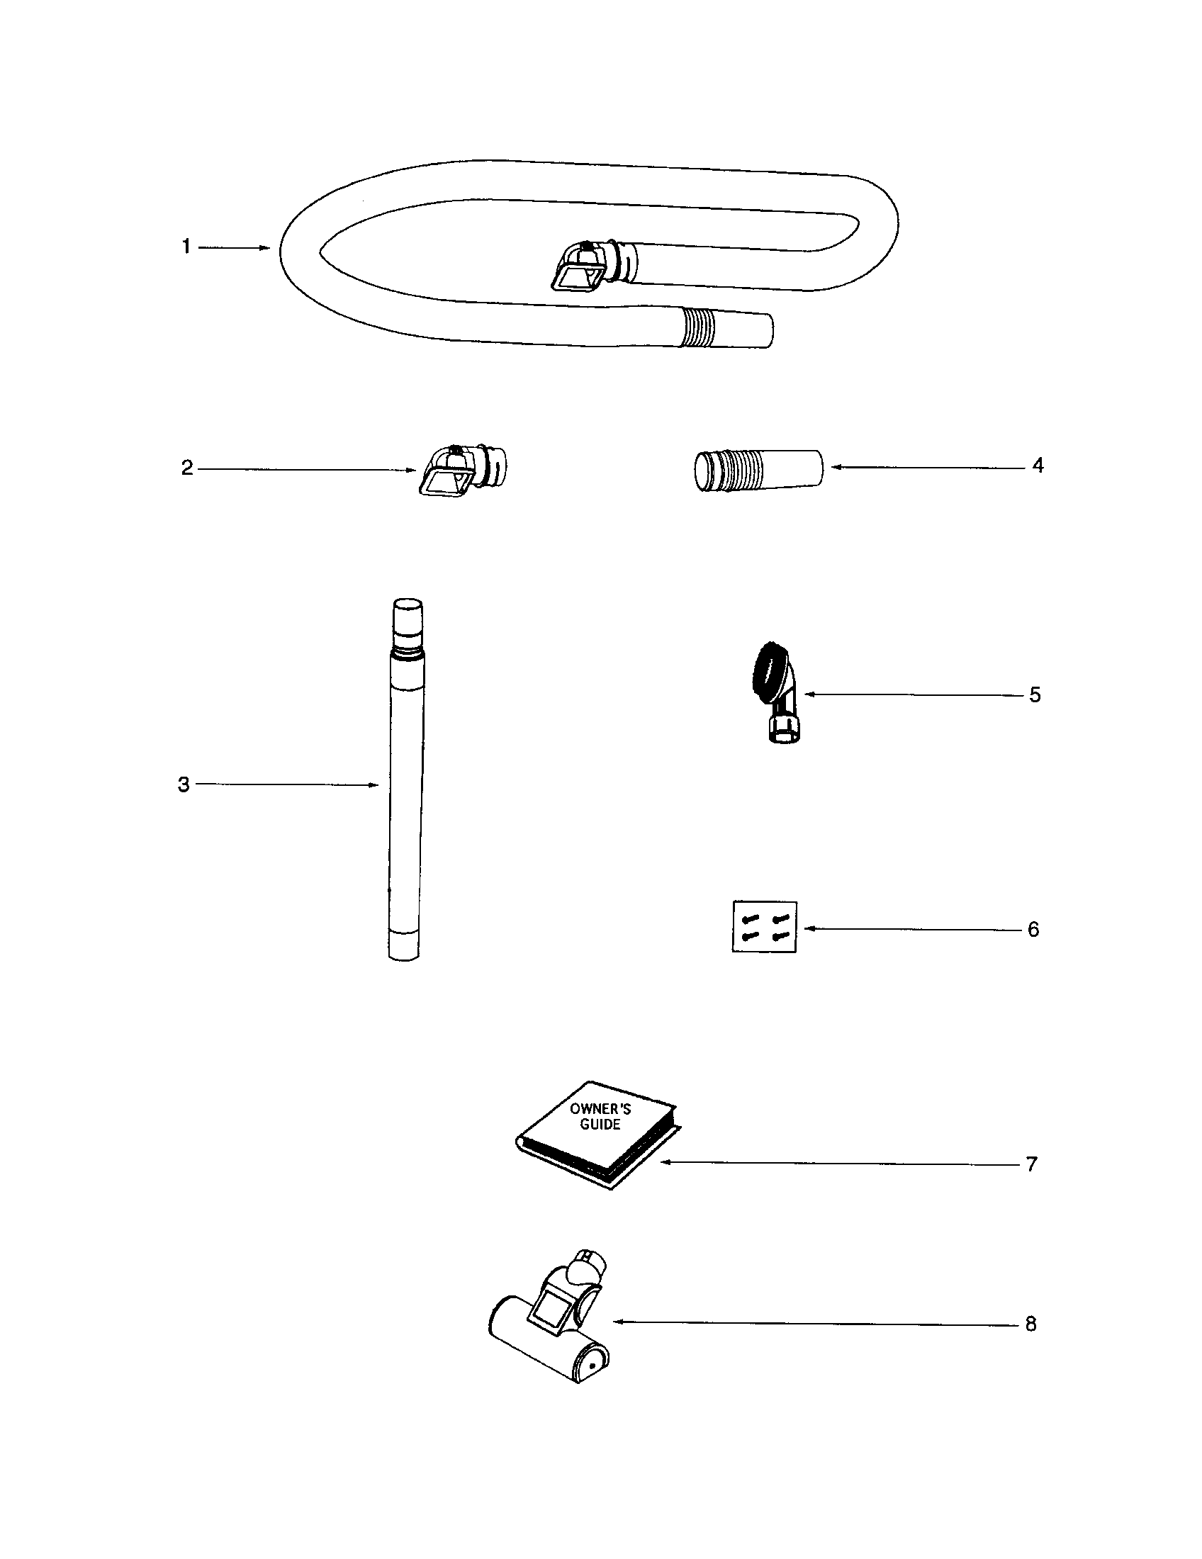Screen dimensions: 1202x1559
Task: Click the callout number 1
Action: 186,247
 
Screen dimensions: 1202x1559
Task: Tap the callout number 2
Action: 187,468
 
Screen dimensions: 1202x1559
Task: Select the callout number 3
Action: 184,784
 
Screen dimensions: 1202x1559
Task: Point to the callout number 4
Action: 1038,466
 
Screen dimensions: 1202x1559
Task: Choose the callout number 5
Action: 1035,694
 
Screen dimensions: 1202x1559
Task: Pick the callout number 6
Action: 1033,929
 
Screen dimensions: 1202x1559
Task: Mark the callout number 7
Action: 1031,1164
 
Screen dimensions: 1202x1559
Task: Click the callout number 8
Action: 1030,1324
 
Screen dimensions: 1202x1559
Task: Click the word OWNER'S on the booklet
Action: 600,1109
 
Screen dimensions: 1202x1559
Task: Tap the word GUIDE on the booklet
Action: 600,1125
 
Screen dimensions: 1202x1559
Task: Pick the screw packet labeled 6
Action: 765,928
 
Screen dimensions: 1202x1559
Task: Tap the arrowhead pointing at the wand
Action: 373,785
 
